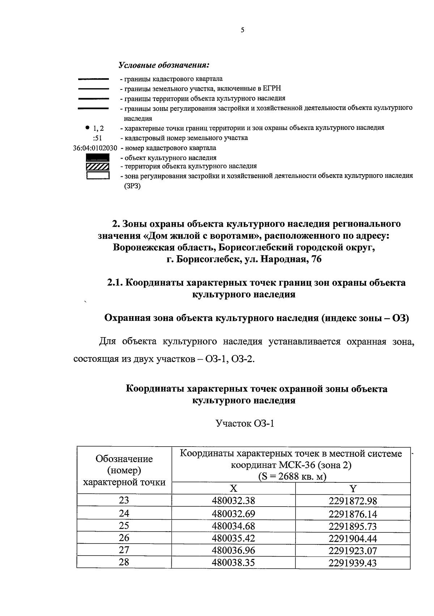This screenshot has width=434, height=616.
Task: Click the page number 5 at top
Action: point(242,30)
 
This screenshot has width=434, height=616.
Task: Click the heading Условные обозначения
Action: point(164,66)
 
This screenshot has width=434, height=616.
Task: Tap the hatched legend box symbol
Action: point(97,167)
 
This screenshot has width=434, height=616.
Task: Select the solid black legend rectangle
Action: point(97,158)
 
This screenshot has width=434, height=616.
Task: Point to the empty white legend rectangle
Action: point(97,176)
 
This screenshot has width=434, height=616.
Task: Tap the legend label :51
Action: point(97,138)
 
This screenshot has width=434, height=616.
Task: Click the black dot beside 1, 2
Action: point(88,127)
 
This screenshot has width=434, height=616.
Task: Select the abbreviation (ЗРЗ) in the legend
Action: point(132,186)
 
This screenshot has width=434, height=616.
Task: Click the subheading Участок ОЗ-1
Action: point(244,423)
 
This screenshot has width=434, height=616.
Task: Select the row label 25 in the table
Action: point(124,525)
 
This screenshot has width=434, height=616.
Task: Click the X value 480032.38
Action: point(234,501)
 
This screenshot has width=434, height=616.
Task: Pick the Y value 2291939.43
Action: point(353,563)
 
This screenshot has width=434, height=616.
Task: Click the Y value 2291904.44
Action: point(353,539)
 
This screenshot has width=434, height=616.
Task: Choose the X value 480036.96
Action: point(234,550)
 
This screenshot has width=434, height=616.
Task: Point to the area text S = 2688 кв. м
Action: point(292,476)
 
